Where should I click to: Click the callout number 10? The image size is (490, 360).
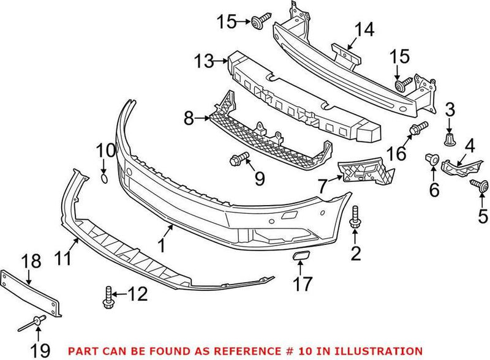tap(105, 150)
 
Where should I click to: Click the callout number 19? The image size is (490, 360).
tap(39, 351)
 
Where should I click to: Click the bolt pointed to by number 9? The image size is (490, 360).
tap(236, 161)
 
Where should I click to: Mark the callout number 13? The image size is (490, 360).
tap(203, 61)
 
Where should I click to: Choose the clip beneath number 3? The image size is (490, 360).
tap(450, 140)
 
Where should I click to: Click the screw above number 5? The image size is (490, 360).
tap(476, 184)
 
